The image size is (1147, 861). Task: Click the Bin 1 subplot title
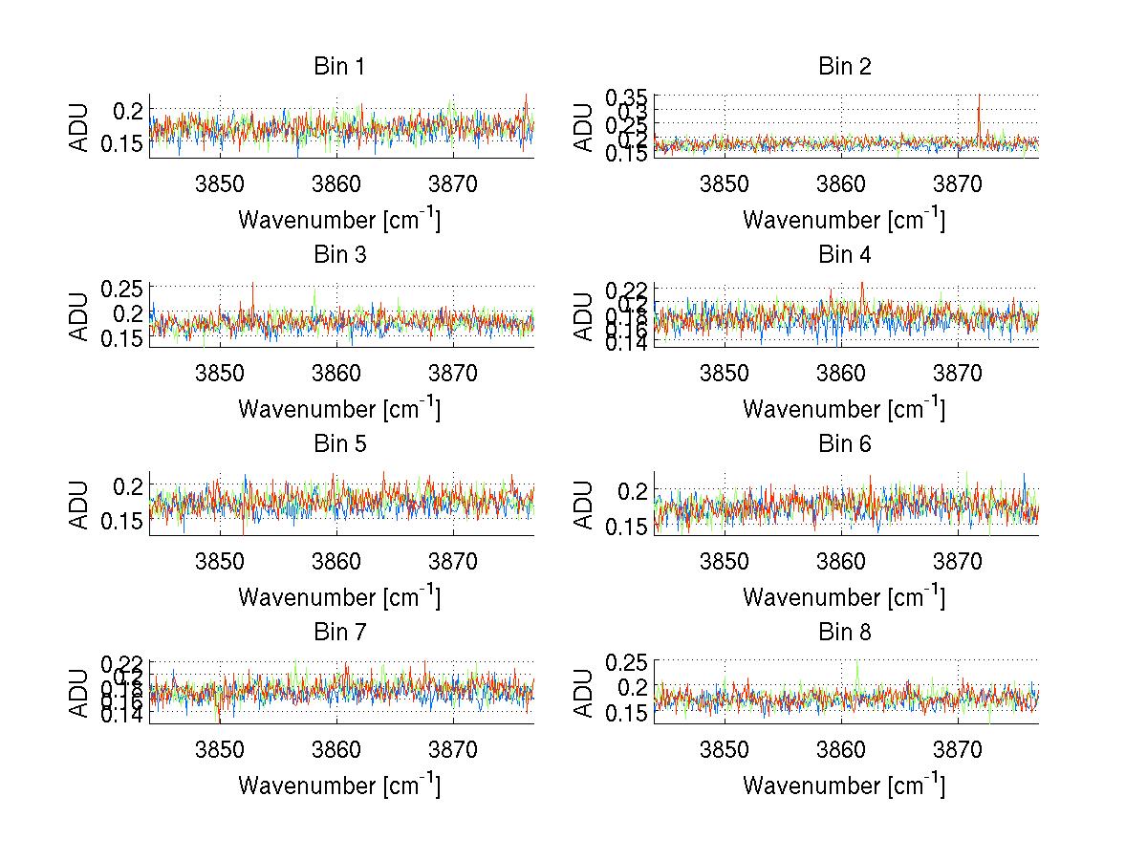(339, 67)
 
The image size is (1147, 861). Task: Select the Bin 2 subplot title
(845, 67)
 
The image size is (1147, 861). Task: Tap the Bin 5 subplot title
(339, 444)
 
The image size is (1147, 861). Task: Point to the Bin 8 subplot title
(845, 633)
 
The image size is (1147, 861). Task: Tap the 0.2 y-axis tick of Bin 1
(131, 111)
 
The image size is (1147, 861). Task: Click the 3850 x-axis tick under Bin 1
(221, 185)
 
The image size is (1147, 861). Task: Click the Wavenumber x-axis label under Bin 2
(844, 220)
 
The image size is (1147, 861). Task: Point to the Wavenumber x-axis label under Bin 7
(339, 786)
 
